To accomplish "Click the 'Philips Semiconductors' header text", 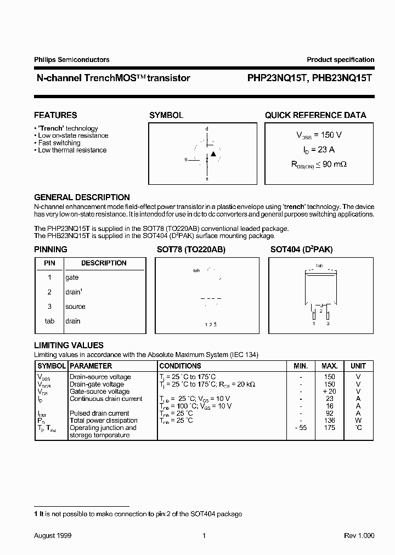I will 71,60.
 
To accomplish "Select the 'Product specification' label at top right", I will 340,60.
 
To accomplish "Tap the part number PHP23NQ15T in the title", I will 273,78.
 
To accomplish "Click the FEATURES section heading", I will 55,115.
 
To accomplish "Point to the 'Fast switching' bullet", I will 59,143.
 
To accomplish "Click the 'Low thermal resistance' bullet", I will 72,150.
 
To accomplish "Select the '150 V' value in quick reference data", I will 331,135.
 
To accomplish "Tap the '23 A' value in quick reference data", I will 326,149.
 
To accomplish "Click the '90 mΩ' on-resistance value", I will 335,163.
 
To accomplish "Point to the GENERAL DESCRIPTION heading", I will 82,197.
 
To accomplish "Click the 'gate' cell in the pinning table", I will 72,277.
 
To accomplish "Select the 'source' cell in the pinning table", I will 75,307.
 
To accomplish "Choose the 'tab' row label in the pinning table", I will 49,321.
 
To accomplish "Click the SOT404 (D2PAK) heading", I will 301,250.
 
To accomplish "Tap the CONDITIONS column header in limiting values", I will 180,366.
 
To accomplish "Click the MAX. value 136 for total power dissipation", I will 329,420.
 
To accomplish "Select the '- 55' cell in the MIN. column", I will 300,428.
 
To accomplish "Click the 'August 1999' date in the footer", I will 53,535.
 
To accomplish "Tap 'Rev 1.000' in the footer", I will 359,535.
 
